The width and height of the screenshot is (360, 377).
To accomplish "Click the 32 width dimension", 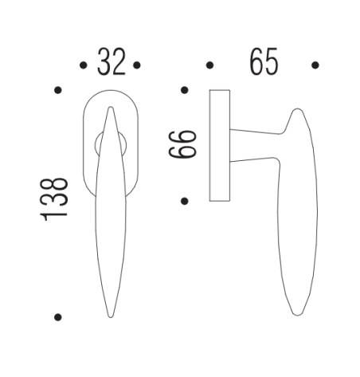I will pyautogui.click(x=112, y=63).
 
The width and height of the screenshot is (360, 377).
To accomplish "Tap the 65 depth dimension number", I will pyautogui.click(x=264, y=63).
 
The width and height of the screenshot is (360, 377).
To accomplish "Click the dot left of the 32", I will pyautogui.click(x=84, y=65).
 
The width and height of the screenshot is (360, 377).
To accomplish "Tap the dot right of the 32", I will pyautogui.click(x=137, y=65).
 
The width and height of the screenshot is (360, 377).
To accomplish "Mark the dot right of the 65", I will pyautogui.click(x=315, y=65).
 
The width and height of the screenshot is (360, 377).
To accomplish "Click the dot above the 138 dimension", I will pyautogui.click(x=57, y=91).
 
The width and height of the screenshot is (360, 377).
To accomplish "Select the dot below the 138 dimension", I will pyautogui.click(x=57, y=316).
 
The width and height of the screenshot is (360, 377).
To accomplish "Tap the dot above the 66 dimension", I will pyautogui.click(x=184, y=90).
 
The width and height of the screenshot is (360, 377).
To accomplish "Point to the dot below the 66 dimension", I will pyautogui.click(x=184, y=200).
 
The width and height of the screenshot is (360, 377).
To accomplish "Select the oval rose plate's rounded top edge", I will pyautogui.click(x=112, y=92).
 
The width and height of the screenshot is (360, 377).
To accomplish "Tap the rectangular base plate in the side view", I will pyautogui.click(x=220, y=146).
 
